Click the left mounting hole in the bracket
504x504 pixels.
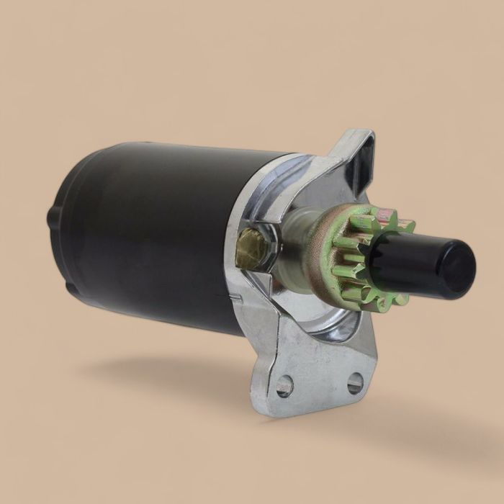(x=284, y=386)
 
